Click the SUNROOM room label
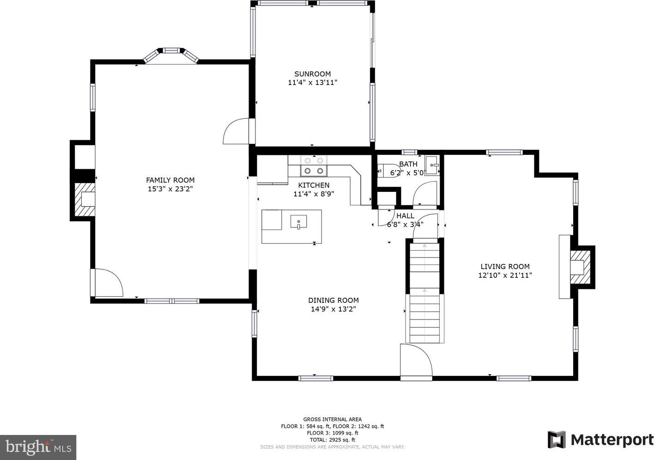tap(312, 74)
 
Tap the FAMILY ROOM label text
tap(170, 180)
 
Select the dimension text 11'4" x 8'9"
tap(314, 194)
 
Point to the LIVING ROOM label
tap(505, 267)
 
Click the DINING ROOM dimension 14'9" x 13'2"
tap(333, 309)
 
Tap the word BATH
tap(408, 164)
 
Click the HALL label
tap(405, 216)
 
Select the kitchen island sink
tap(299, 222)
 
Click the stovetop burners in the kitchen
tap(314, 166)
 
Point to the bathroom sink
tap(432, 166)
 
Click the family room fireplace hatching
tap(85, 200)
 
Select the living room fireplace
tap(580, 267)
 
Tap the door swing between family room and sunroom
tap(236, 131)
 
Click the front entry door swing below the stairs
tap(416, 362)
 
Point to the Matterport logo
tap(600, 440)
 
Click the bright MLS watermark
tap(38, 448)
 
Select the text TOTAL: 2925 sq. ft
tap(332, 440)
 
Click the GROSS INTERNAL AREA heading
tap(332, 419)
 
